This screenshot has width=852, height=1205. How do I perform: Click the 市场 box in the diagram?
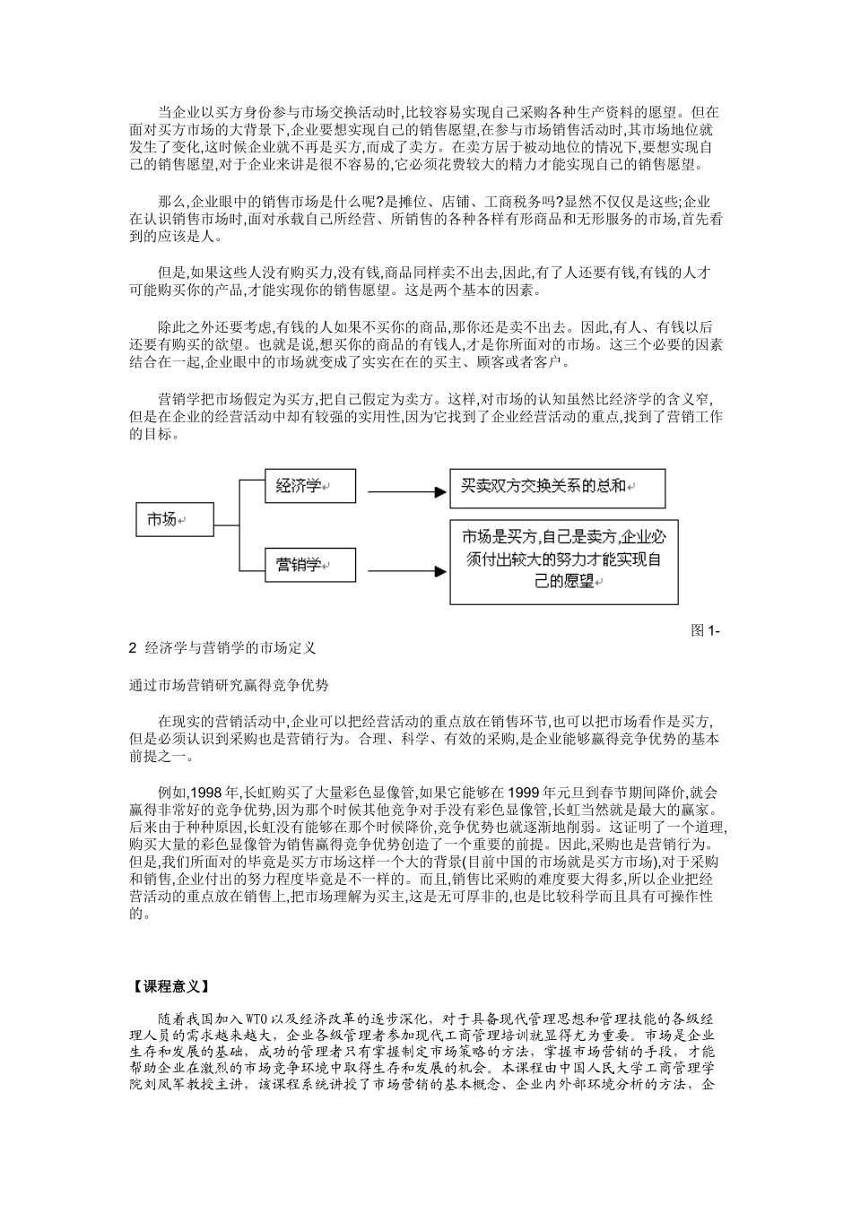click(x=176, y=518)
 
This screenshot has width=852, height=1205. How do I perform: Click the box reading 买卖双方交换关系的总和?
click(x=557, y=487)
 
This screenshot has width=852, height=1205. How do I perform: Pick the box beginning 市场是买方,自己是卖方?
click(x=563, y=558)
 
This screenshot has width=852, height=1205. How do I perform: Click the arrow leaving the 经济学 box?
click(x=408, y=490)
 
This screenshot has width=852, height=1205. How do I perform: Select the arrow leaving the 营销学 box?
click(x=408, y=568)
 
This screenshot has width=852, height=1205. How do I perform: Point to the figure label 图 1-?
click(x=706, y=630)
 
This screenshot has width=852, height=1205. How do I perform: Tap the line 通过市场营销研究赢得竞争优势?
click(x=229, y=685)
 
